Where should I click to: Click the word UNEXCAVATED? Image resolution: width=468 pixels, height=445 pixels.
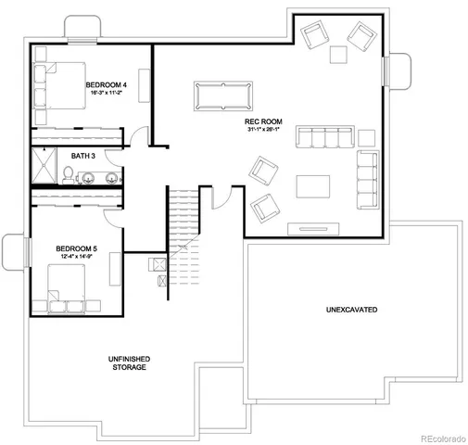click(x=351, y=308)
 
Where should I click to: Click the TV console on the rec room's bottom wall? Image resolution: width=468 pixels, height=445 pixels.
click(x=310, y=227)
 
